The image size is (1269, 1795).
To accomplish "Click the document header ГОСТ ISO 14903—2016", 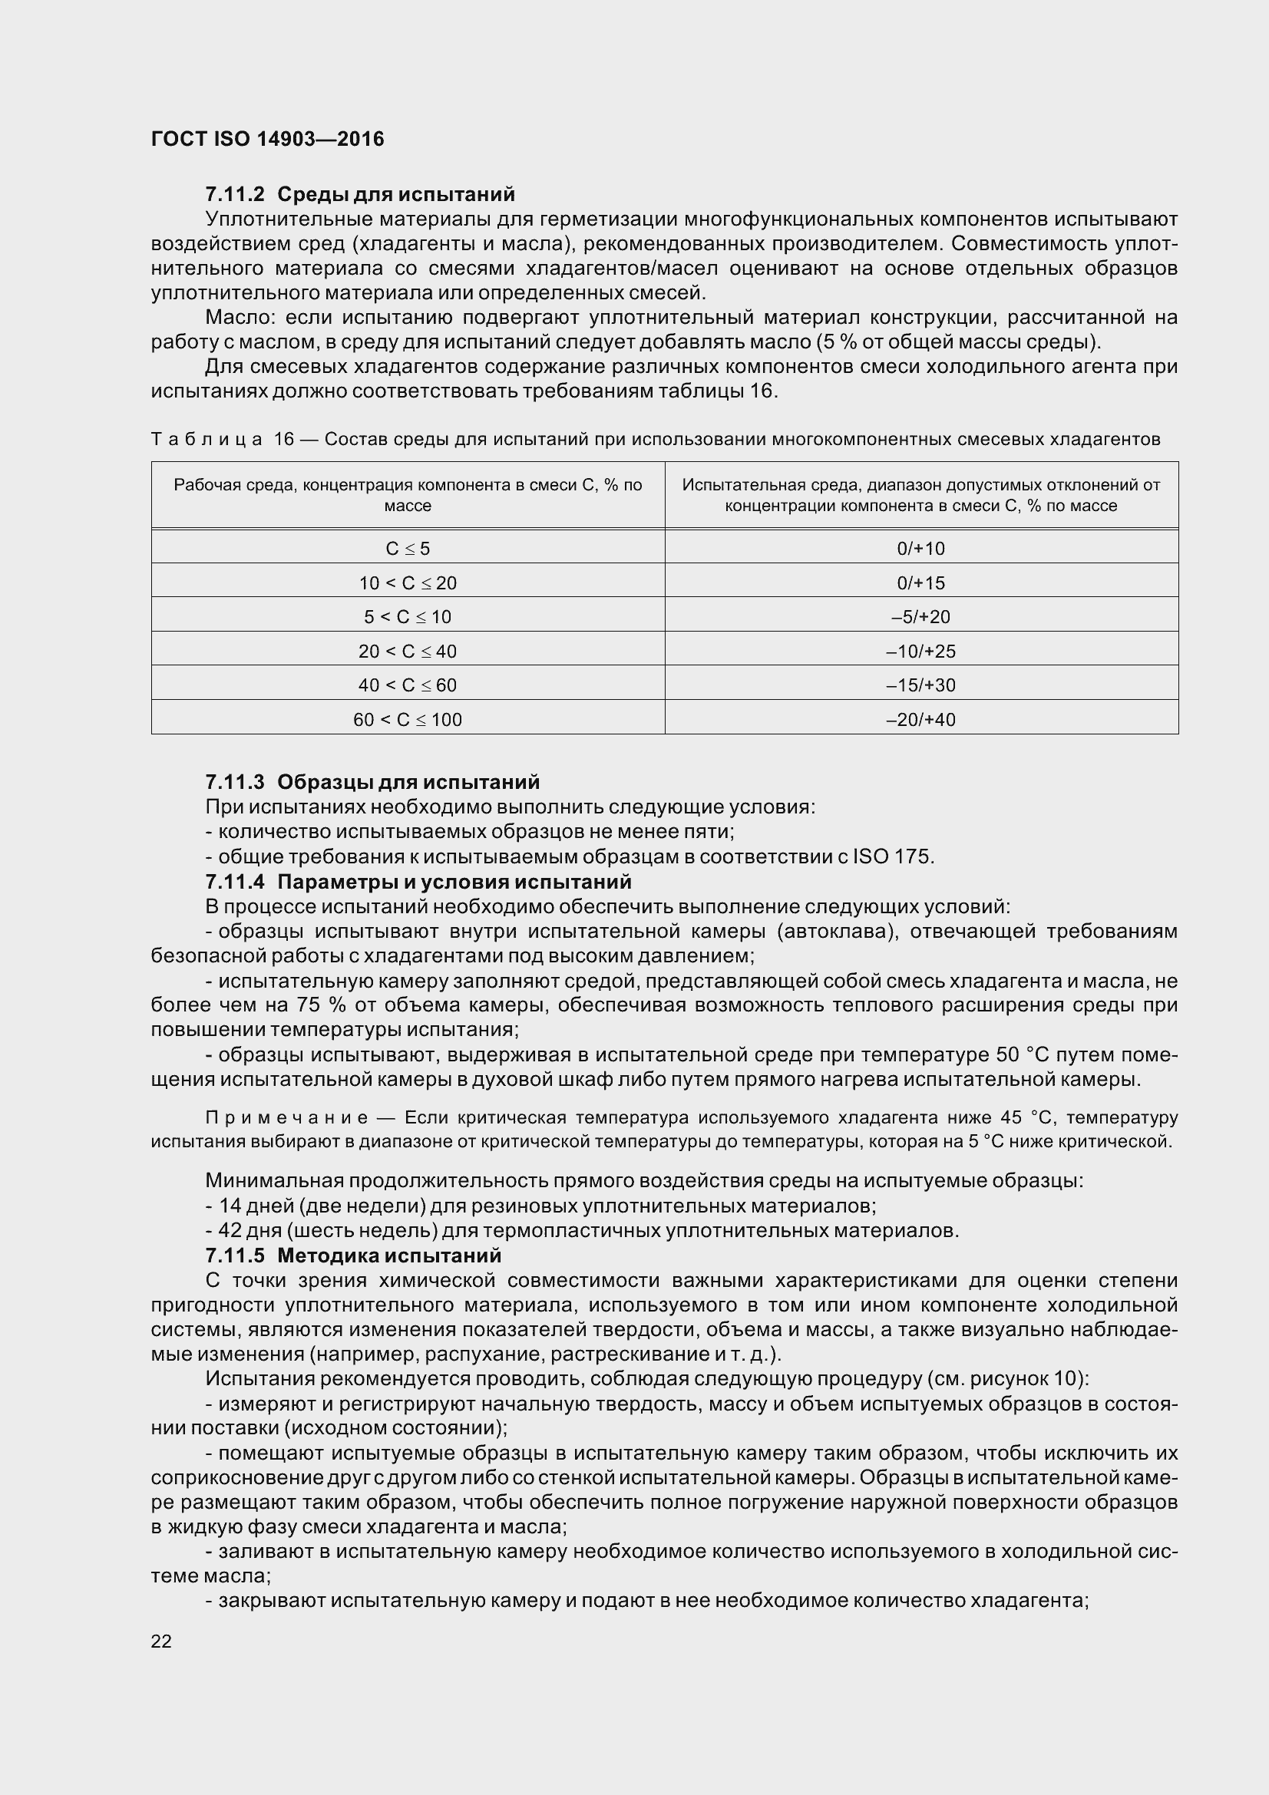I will [267, 139].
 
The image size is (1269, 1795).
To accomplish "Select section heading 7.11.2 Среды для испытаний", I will [360, 193].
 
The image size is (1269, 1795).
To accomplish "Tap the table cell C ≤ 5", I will [408, 549].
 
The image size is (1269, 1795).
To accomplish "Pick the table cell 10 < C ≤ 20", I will [408, 583].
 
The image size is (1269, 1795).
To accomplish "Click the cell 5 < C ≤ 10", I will [408, 617].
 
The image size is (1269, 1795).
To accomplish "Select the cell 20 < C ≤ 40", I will [408, 652].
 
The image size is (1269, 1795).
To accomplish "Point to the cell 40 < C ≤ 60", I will [408, 685].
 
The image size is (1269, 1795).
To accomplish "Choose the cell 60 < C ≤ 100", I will [408, 720].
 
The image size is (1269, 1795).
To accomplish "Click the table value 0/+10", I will [920, 549].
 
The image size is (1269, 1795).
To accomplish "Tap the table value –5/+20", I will [920, 617].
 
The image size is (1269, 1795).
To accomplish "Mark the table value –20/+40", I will [920, 720].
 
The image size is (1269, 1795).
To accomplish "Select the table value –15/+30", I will [920, 685].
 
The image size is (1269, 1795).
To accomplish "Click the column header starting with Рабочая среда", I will [408, 495].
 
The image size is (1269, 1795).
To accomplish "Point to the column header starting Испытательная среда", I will [920, 495].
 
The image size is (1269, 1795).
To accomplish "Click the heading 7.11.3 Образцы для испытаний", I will [372, 782].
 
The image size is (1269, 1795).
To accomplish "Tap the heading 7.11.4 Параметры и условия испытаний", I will [418, 882].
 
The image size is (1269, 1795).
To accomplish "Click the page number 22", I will [161, 1641].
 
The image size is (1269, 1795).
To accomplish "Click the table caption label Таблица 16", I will [222, 440].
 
